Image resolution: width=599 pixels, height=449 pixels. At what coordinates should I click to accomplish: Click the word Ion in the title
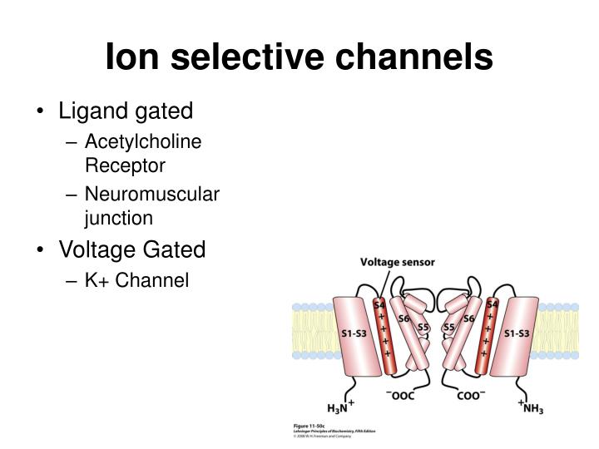[133, 57]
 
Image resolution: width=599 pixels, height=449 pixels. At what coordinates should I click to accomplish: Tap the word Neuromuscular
[152, 195]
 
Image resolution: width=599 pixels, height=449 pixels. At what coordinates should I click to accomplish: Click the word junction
[119, 218]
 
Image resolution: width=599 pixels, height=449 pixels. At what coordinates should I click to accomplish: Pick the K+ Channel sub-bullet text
[137, 281]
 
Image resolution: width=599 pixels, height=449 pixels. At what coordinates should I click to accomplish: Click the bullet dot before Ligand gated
[42, 111]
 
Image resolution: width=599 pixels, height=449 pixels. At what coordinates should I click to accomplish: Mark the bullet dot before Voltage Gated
[42, 249]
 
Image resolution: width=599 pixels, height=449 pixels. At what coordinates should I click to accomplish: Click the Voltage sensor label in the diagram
[397, 263]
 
